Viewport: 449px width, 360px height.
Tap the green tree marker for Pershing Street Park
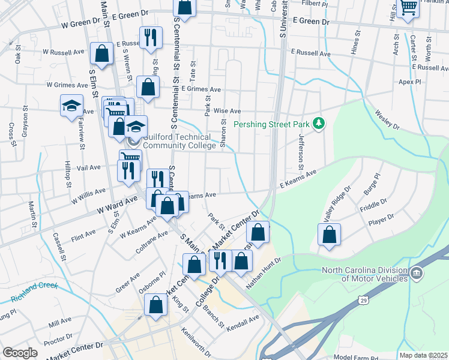tap(319, 124)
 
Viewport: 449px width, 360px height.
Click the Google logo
tap(20, 353)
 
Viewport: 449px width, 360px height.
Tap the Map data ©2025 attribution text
tap(423, 355)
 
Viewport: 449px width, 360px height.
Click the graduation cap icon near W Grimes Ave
tap(71, 106)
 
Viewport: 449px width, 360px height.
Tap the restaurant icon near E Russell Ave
tap(149, 37)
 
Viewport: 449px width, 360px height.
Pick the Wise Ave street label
tap(227, 111)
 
